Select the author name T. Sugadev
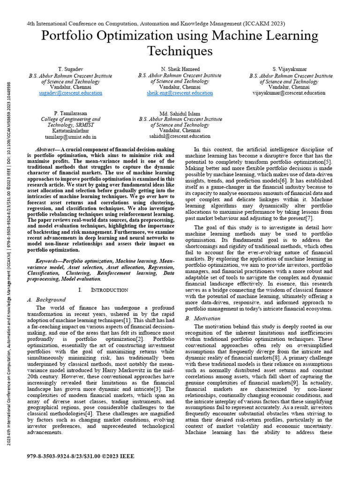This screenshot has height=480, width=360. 70,69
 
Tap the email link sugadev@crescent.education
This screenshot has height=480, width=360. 70,93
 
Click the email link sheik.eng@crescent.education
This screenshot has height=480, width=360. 180,93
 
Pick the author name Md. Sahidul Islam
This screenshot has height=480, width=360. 180,113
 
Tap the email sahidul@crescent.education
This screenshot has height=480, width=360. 180,136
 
